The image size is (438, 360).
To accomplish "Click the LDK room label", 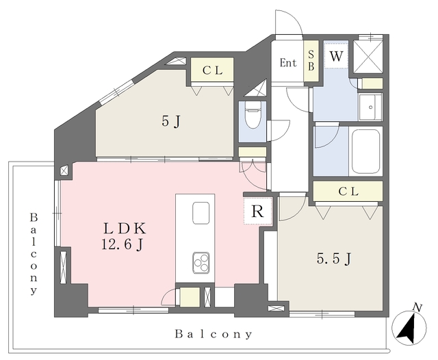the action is click(x=125, y=229).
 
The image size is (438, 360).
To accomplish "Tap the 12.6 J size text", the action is click(x=123, y=245).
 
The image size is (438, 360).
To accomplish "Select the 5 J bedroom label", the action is click(x=170, y=122).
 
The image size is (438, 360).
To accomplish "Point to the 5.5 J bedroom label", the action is click(x=334, y=259).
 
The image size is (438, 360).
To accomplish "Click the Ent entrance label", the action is click(x=288, y=62).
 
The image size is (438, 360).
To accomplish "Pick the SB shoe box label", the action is click(x=311, y=61).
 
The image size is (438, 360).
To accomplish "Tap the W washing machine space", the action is click(x=336, y=56).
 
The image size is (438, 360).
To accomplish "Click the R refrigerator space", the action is click(x=257, y=211).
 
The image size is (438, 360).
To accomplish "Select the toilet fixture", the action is click(x=253, y=114).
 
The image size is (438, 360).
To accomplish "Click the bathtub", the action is click(x=366, y=152).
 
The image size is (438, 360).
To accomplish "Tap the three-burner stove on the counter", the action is click(x=201, y=263).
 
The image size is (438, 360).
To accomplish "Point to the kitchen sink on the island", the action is click(x=201, y=213).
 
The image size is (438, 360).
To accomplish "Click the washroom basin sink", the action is click(x=370, y=107).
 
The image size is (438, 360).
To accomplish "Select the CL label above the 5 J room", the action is click(x=213, y=70).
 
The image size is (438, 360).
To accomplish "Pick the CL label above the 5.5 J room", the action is click(x=348, y=192).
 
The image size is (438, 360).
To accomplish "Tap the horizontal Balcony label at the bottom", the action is click(x=214, y=334).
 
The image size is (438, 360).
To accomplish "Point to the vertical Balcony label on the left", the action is click(x=34, y=254).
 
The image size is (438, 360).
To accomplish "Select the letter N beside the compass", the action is click(x=417, y=307).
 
